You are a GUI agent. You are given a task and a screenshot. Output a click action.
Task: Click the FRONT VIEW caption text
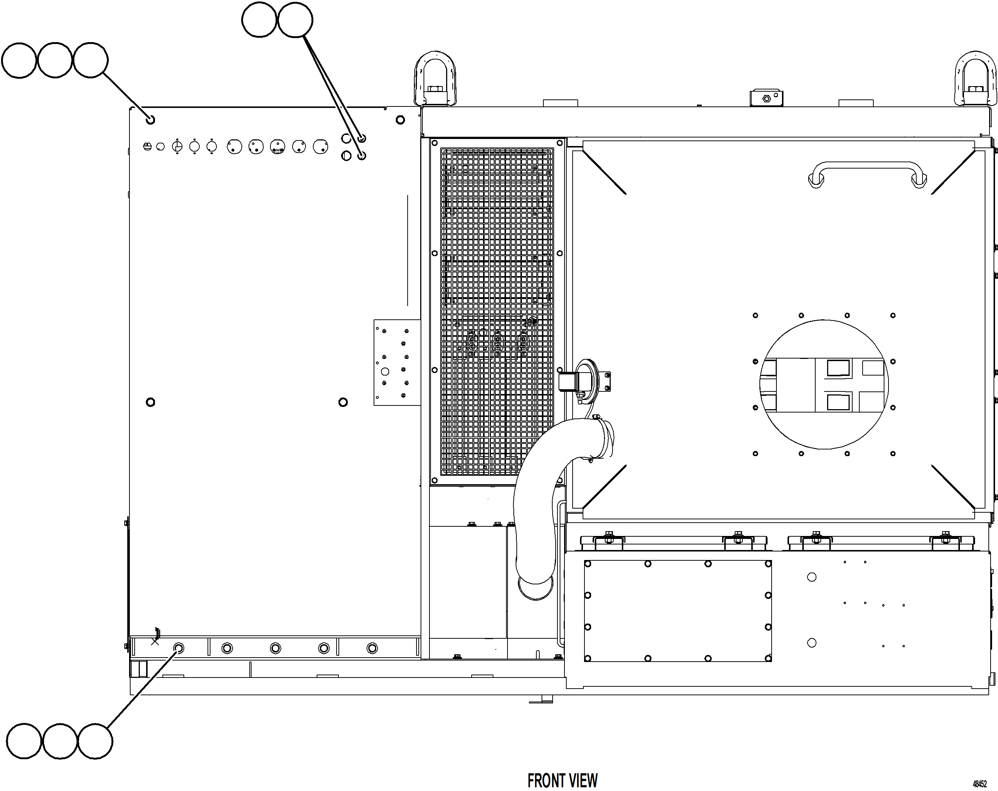pyautogui.click(x=562, y=780)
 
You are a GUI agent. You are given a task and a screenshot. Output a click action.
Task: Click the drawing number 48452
pyautogui.click(x=980, y=784)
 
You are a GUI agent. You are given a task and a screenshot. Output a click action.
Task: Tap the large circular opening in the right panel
pyautogui.click(x=824, y=384)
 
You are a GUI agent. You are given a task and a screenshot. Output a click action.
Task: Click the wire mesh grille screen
pyautogui.click(x=497, y=311)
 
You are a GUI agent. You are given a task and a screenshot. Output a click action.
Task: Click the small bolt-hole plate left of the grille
pyautogui.click(x=396, y=362)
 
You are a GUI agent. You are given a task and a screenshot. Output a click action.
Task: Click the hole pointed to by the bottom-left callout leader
pyautogui.click(x=179, y=648)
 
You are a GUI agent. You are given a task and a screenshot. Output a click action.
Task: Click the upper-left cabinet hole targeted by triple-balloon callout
pyautogui.click(x=150, y=120)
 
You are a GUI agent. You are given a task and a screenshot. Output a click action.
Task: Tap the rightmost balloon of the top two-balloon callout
pyautogui.click(x=295, y=20)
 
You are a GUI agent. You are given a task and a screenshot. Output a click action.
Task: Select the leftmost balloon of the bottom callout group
pyautogui.click(x=24, y=741)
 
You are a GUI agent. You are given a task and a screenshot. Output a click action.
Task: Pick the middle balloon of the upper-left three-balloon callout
pyautogui.click(x=55, y=60)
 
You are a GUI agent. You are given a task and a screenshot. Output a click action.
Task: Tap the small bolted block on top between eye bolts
pyautogui.click(x=766, y=98)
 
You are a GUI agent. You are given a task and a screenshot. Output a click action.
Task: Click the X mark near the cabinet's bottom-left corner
pyautogui.click(x=155, y=641)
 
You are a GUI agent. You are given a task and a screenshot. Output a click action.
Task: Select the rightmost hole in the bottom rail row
pyautogui.click(x=372, y=648)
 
